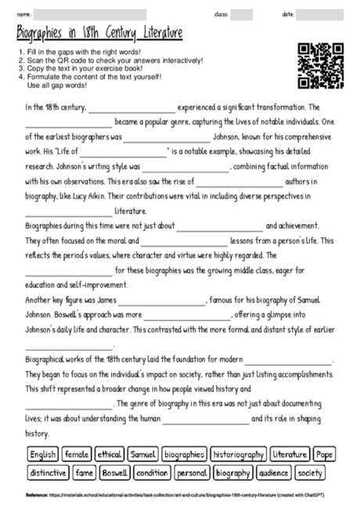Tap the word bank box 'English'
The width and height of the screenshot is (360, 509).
44,454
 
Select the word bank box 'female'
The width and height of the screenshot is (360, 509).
77,454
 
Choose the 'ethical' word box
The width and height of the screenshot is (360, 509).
109,454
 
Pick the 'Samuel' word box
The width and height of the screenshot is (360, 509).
142,454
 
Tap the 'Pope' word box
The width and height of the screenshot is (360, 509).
324,454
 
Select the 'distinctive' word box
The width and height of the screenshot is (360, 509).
49,472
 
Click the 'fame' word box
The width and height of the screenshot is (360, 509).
84,472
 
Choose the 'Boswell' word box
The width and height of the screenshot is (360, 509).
115,472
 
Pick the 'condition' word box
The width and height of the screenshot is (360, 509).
152,472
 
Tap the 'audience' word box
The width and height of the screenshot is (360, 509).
273,472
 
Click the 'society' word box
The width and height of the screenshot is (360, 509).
311,472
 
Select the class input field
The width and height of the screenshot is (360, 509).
242,15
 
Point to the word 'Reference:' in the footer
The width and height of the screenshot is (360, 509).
37,495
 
